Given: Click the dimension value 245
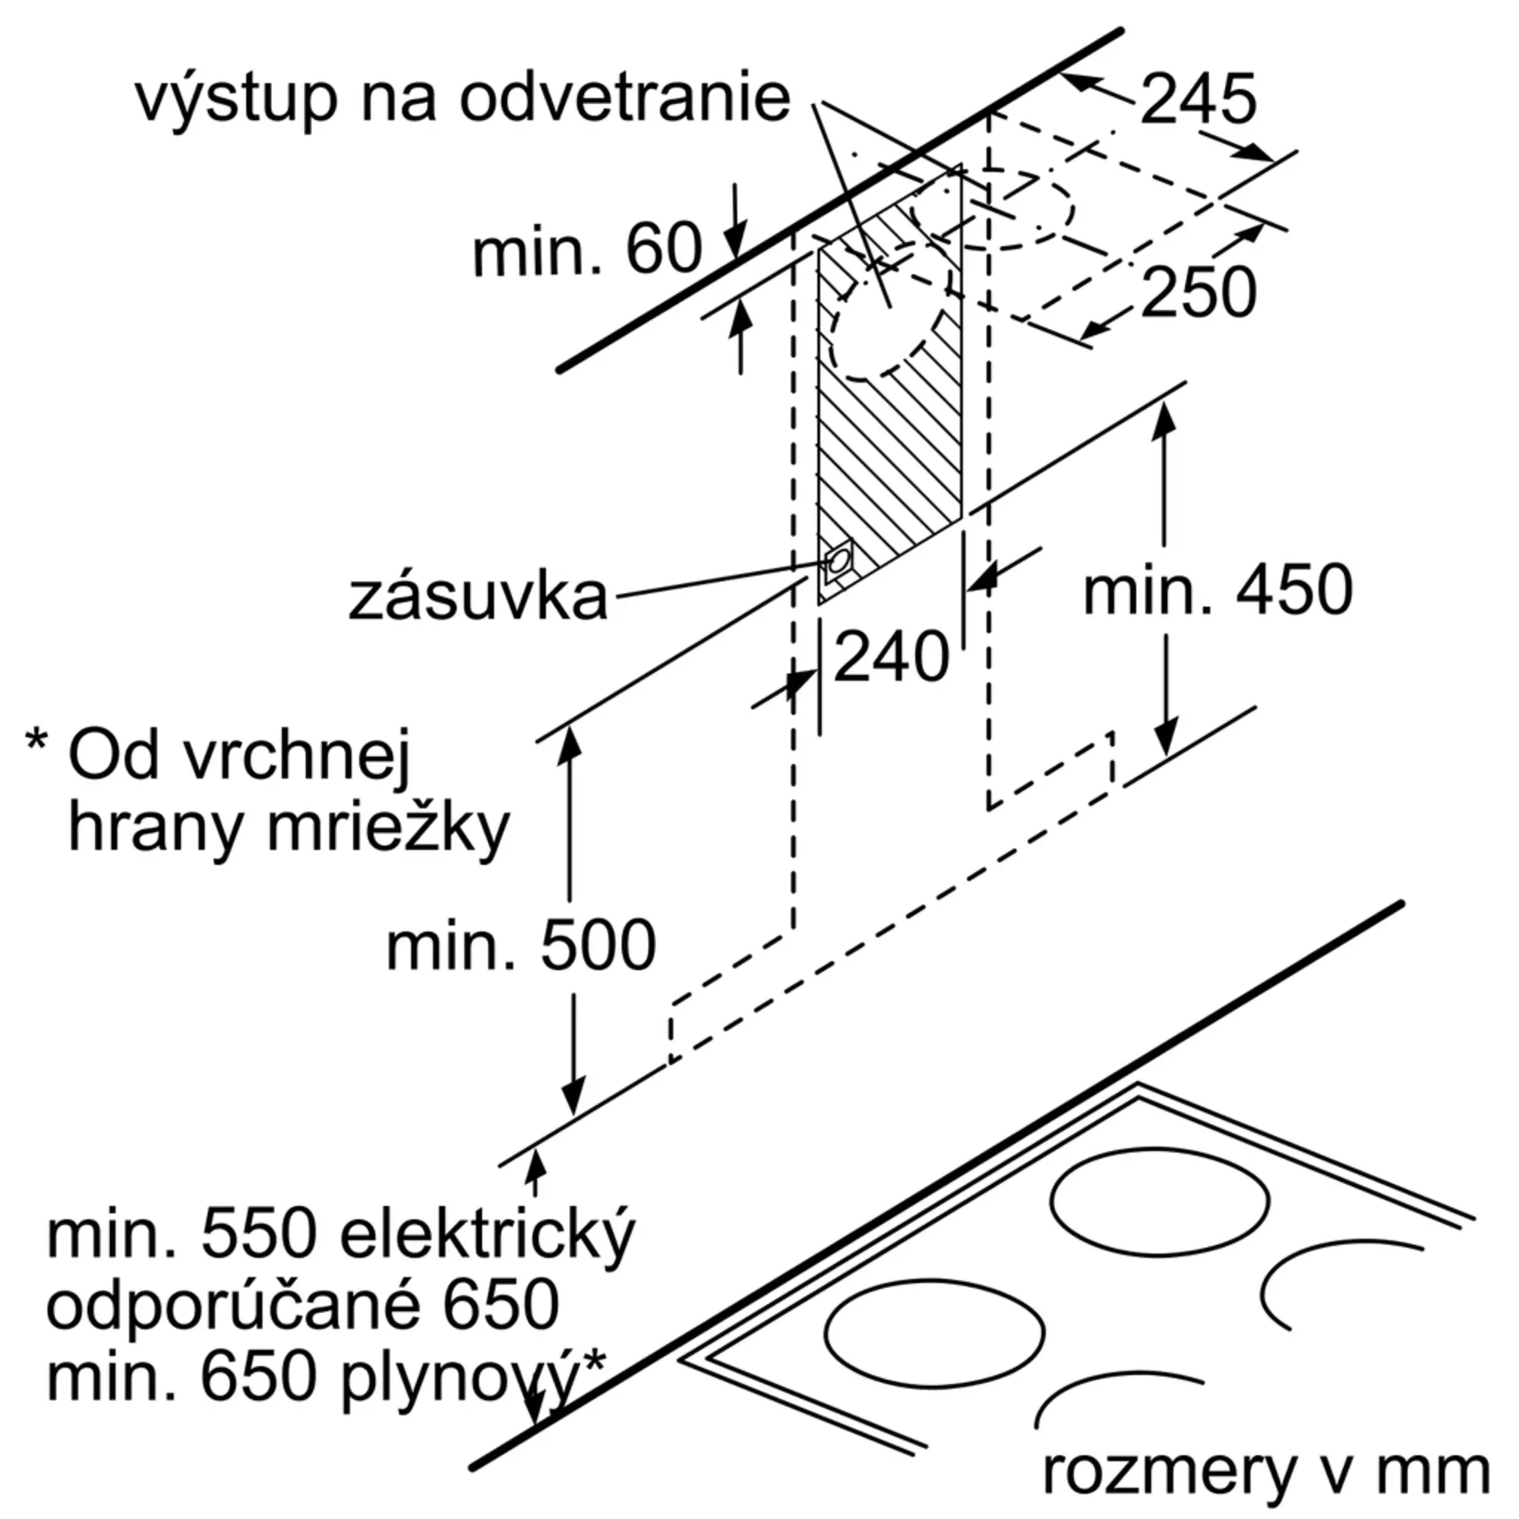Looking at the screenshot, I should click(x=1198, y=99).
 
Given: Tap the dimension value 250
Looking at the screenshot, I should click(x=1198, y=292).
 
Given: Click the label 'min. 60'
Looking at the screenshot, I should click(x=586, y=249).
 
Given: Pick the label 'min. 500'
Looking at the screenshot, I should click(x=520, y=945).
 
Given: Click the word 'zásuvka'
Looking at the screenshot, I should click(x=478, y=598).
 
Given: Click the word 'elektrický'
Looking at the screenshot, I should click(x=487, y=1236).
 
